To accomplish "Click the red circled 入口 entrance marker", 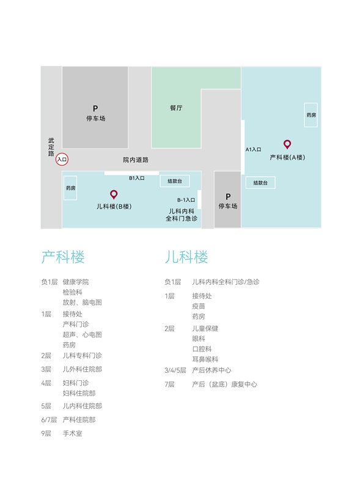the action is [x=62, y=160].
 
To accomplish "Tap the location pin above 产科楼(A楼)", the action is [x=287, y=144].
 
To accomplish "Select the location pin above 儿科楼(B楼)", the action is [x=114, y=194].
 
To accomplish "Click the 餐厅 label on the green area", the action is [x=176, y=108].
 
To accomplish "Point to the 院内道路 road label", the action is [x=136, y=160].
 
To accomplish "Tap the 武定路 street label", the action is [x=51, y=147].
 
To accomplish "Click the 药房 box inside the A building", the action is [x=311, y=115].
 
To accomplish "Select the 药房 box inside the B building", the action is [x=70, y=188].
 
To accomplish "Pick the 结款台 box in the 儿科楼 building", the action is [x=175, y=181].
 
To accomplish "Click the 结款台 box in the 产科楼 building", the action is [x=260, y=183].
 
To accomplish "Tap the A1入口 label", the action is [x=253, y=149].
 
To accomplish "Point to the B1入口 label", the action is [x=137, y=178].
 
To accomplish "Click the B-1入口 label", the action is [x=186, y=200].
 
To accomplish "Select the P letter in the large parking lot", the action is [x=95, y=109].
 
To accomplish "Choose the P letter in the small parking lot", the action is [x=228, y=196].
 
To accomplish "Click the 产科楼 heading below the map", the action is [x=63, y=257].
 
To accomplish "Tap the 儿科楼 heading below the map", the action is [x=186, y=257].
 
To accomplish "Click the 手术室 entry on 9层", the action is [x=72, y=433].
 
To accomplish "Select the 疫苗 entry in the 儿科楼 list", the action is [x=199, y=306].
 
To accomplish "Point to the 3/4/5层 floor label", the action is [x=175, y=370].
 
